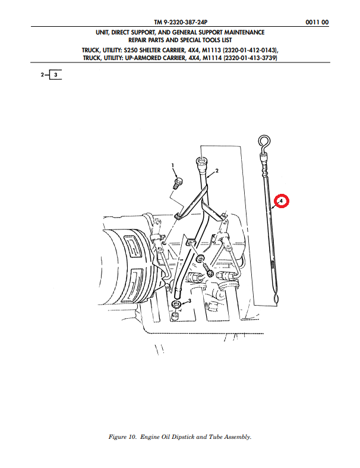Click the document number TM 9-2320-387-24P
[x=181, y=22]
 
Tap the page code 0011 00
[x=317, y=22]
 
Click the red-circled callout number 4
[x=281, y=201]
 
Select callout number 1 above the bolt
[x=172, y=165]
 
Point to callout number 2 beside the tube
[x=217, y=171]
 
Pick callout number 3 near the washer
[x=190, y=300]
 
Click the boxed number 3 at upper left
[x=55, y=74]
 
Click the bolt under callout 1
[x=178, y=183]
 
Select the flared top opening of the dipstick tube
[x=201, y=162]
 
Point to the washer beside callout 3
[x=176, y=304]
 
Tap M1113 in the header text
[x=211, y=50]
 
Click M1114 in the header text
[x=212, y=58]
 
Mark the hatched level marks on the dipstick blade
[x=273, y=264]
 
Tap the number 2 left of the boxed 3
[x=42, y=74]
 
